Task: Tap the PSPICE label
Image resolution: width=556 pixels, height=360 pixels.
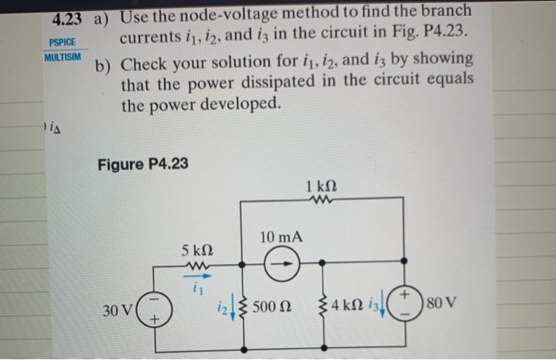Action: pos(61,43)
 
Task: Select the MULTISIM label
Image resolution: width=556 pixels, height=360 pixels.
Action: pos(63,59)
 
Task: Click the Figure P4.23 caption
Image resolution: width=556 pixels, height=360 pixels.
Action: pos(143,164)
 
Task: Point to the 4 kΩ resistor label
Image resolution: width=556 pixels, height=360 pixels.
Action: pos(348,306)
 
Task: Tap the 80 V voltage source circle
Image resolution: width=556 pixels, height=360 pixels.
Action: pos(405,304)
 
